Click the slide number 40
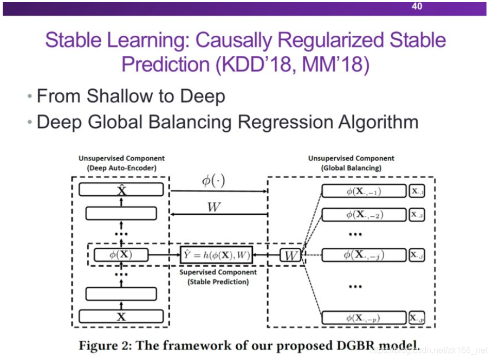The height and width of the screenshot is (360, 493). click(x=417, y=7)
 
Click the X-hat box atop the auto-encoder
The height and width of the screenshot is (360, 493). click(x=121, y=189)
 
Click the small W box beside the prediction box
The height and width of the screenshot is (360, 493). click(x=291, y=255)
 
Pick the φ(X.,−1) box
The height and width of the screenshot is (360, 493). click(x=364, y=191)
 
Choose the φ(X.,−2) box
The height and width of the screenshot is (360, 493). click(x=364, y=215)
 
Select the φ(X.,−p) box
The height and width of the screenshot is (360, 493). click(x=364, y=318)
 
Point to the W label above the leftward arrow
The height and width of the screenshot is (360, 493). click(x=213, y=207)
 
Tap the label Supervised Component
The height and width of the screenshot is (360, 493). click(x=215, y=272)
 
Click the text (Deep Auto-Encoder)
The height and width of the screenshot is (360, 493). click(x=121, y=168)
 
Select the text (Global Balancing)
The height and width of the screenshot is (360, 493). click(x=351, y=168)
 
